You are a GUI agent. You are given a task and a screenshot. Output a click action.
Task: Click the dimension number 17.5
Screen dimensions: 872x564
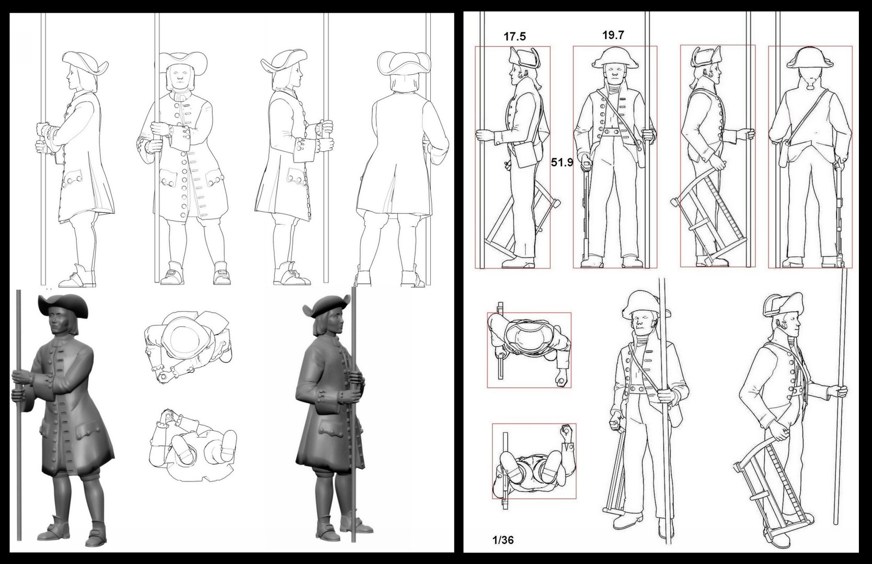pos(514,37)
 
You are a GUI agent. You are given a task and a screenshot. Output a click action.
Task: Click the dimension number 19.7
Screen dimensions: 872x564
pos(613,35)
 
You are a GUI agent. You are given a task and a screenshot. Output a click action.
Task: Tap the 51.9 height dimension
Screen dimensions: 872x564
pos(562,162)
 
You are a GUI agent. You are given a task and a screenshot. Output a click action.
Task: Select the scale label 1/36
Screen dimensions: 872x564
pos(503,540)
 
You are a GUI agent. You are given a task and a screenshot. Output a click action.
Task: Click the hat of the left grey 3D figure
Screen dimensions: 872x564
pos(62,305)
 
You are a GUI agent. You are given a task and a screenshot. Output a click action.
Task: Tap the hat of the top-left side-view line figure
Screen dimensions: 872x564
pos(84,62)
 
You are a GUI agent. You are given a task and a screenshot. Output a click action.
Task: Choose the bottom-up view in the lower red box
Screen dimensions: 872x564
pos(534,461)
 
